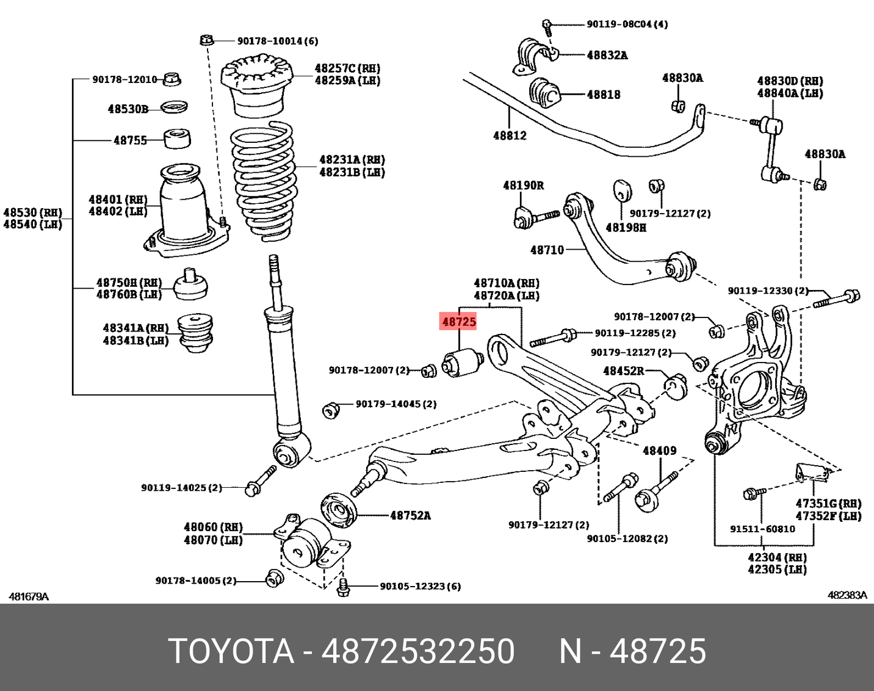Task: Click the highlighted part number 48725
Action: (x=459, y=322)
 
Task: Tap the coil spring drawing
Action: (x=263, y=181)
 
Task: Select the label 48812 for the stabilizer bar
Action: (x=510, y=136)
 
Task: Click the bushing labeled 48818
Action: (x=544, y=93)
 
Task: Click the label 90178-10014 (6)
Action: (x=278, y=41)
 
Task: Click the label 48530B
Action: (x=128, y=109)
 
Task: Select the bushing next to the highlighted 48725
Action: (x=462, y=362)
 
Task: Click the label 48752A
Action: (x=410, y=516)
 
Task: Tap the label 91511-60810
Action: (x=762, y=529)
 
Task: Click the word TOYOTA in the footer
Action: (x=231, y=651)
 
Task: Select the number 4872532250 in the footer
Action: (x=418, y=651)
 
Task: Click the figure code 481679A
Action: (x=29, y=596)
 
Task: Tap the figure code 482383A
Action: (x=847, y=595)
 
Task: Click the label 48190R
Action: (x=523, y=185)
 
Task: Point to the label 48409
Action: (x=659, y=451)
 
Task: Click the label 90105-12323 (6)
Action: (x=420, y=587)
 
